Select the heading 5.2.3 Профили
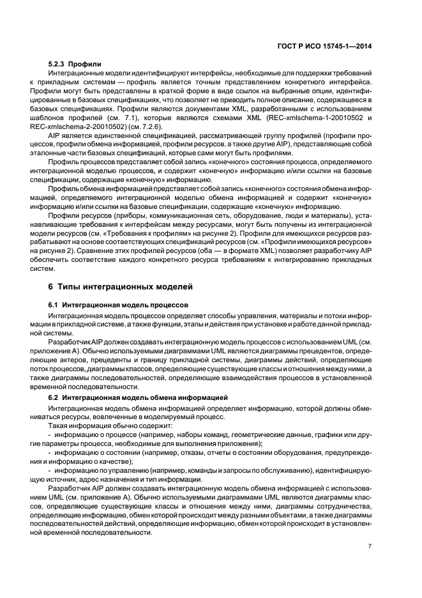pyautogui.click(x=75, y=65)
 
